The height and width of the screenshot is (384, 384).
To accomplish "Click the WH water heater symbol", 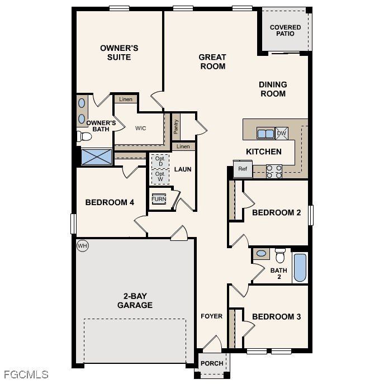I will click(82, 245).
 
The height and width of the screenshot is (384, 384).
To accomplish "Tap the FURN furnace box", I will click(159, 200).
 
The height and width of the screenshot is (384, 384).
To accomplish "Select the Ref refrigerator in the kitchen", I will click(243, 169).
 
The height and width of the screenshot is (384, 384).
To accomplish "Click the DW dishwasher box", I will click(282, 133).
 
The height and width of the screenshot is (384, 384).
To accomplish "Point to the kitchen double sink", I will click(265, 134).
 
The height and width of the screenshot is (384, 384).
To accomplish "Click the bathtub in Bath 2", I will click(300, 267).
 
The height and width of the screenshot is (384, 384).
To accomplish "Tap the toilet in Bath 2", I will click(280, 255).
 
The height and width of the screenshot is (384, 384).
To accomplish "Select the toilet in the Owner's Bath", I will click(85, 136).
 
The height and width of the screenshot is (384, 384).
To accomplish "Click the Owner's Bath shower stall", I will click(97, 157).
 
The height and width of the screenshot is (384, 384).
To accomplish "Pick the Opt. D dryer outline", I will click(160, 161).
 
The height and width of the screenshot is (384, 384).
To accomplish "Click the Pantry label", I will click(176, 127).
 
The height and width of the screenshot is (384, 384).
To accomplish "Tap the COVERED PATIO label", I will click(285, 30).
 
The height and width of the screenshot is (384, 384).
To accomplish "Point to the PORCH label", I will click(212, 363).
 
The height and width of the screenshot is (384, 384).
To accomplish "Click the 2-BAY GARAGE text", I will click(135, 301).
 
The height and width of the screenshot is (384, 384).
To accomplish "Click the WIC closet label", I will click(140, 128).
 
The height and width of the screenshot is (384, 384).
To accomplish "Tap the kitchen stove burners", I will click(274, 171).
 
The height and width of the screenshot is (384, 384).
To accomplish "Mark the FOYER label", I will click(212, 316).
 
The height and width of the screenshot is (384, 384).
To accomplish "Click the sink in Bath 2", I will click(261, 254).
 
